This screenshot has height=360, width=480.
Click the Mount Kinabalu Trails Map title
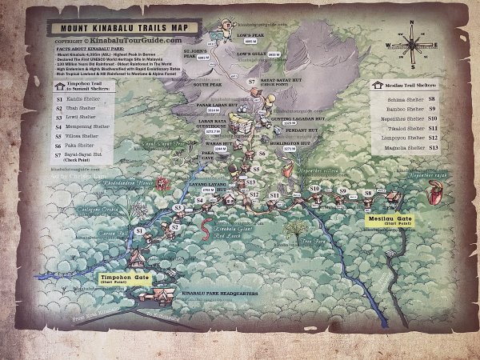[x=118, y=26]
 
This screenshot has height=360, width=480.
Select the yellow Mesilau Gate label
[x=389, y=220]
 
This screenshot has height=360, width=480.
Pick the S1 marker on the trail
[x=139, y=230]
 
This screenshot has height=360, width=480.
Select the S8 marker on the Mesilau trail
[x=368, y=193]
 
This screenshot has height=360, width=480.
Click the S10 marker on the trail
[x=314, y=188]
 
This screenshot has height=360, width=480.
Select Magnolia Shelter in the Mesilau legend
[x=407, y=148]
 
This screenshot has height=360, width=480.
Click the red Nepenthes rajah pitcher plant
[x=437, y=192]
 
